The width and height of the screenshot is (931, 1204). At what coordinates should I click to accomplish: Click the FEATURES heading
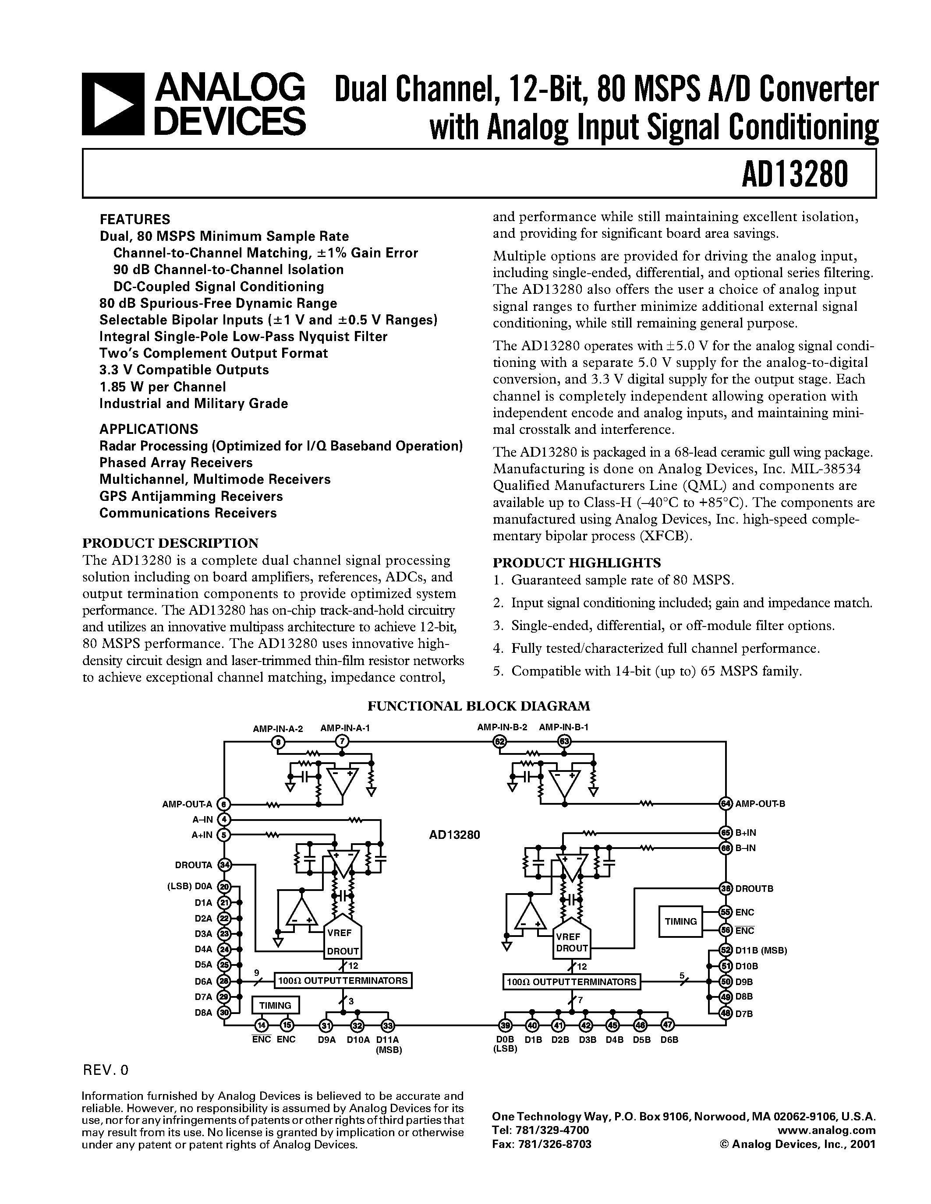click(x=135, y=219)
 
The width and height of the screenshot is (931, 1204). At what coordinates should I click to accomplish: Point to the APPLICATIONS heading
click(x=149, y=429)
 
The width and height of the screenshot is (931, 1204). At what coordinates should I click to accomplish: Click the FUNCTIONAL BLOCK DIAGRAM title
click(x=479, y=706)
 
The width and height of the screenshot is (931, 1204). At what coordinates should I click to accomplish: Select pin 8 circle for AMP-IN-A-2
click(x=280, y=742)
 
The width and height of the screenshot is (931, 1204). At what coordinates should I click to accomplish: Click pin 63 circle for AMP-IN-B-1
click(x=564, y=742)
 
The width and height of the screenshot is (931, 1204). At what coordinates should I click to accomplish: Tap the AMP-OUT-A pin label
click(x=187, y=804)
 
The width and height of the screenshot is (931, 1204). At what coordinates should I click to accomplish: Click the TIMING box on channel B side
click(x=680, y=921)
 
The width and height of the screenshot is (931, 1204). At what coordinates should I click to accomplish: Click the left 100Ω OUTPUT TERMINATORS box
click(x=343, y=981)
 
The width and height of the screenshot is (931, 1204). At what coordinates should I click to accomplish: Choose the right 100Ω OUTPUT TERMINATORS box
click(x=571, y=982)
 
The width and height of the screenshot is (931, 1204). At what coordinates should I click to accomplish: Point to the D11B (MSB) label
click(x=761, y=951)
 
